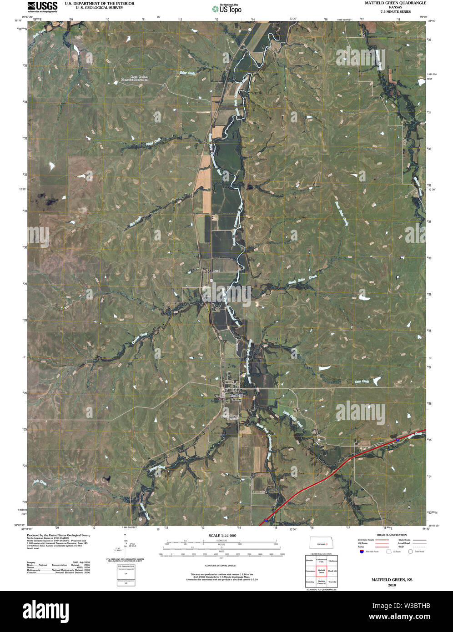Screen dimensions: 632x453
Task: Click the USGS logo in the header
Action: click(42, 6)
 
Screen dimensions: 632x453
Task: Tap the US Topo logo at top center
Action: click(226, 8)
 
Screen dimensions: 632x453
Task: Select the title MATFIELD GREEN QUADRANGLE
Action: click(395, 3)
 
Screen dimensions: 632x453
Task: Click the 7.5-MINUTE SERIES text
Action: click(395, 11)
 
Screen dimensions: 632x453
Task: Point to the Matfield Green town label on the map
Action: click(236, 397)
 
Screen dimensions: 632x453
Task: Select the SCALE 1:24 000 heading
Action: click(222, 535)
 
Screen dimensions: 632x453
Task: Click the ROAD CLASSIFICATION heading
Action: click(392, 535)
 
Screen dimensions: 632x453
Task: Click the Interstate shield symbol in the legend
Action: click(362, 552)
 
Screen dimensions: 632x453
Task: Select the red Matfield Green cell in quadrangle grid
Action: click(322, 571)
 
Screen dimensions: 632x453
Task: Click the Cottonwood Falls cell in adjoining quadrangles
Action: click(322, 561)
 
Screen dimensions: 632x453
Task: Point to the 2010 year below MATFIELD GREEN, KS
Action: click(392, 586)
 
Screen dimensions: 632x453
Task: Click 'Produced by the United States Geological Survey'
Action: click(57, 536)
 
